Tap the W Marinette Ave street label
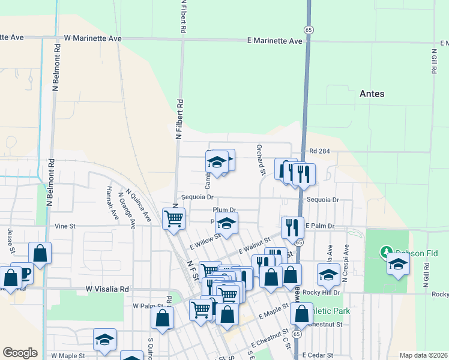coord(93,38)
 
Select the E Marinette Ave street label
coord(275,41)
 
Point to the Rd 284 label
coord(321,151)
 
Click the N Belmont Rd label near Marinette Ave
coord(57,67)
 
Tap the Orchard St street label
coord(261,160)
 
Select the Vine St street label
coord(65,226)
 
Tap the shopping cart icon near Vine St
coord(173,218)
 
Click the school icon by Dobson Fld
coord(398,264)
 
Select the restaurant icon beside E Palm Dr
coord(292,227)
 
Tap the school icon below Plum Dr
coord(226,223)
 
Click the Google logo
coord(20,353)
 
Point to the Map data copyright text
coord(423,355)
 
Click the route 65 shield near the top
coord(309,29)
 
